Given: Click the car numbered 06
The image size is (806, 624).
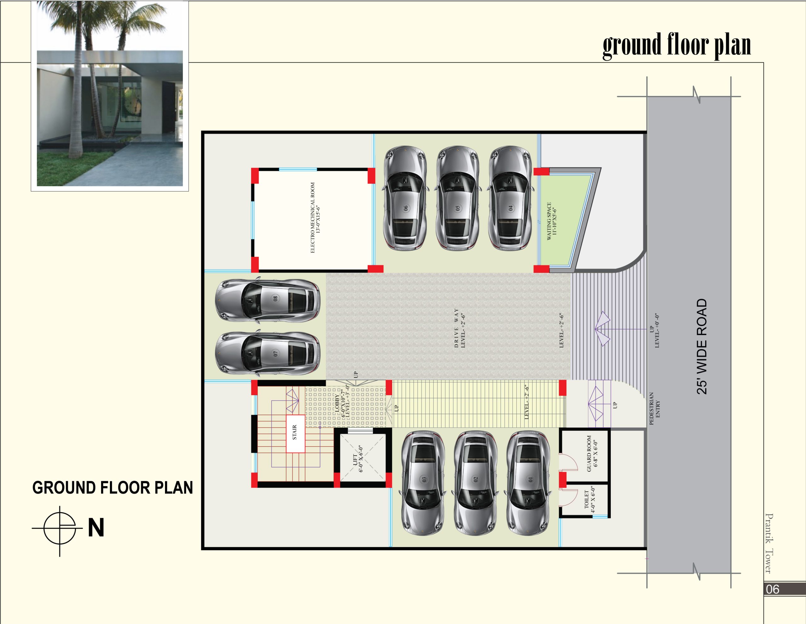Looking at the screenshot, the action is click(x=405, y=198).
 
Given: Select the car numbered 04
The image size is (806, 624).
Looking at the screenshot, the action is click(x=510, y=198).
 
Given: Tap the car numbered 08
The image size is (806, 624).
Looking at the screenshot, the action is click(x=268, y=300).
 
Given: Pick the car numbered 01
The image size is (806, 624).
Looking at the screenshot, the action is click(x=529, y=483).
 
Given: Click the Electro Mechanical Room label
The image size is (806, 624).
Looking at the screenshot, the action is click(x=315, y=217).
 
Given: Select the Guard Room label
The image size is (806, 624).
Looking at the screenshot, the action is click(x=592, y=454).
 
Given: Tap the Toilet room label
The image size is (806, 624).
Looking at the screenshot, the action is click(x=590, y=499).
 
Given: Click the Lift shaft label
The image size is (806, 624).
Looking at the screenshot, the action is click(x=358, y=458).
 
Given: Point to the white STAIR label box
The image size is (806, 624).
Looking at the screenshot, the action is click(x=296, y=434).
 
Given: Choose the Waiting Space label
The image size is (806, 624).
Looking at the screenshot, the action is click(x=551, y=221).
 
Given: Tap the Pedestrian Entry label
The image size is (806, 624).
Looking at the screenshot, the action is click(x=654, y=409).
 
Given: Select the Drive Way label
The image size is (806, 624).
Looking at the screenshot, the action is click(x=459, y=328).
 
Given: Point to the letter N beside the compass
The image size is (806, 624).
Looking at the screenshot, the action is click(x=96, y=528).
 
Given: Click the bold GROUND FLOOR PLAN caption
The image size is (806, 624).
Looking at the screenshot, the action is click(x=113, y=487).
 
